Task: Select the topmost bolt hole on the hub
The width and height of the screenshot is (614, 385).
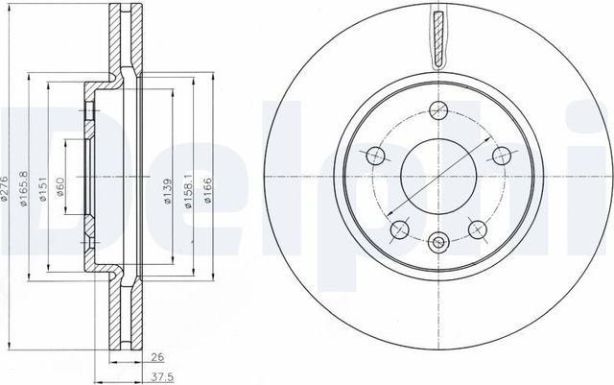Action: click(437, 108)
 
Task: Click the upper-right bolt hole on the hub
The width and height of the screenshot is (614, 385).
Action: click(498, 154)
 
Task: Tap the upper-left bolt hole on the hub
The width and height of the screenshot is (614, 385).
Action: click(374, 154)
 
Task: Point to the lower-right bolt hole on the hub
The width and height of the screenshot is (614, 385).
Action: click(476, 228)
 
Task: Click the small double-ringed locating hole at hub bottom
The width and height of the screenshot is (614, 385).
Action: click(437, 243)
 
